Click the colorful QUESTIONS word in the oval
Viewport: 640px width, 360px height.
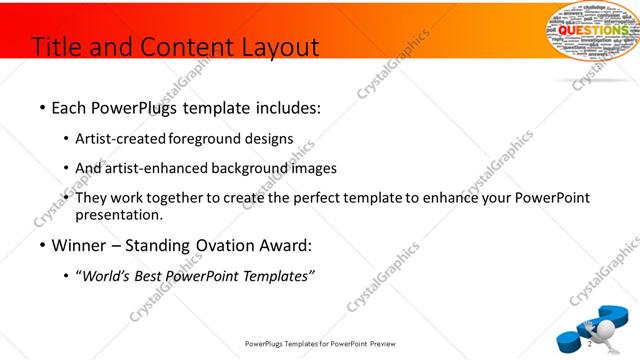591,31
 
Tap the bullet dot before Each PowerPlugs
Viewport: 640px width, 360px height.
42,106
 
